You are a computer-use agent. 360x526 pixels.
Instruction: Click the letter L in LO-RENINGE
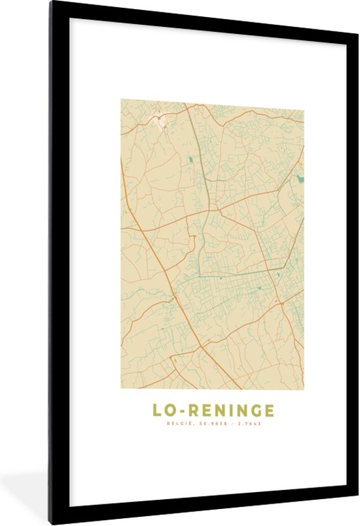(157, 410)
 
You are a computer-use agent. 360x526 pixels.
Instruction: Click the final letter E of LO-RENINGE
(268, 410)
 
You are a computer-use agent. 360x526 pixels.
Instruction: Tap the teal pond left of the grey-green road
(190, 159)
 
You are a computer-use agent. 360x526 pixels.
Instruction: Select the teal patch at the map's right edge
(300, 177)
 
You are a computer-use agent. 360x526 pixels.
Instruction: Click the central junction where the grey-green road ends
(208, 213)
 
